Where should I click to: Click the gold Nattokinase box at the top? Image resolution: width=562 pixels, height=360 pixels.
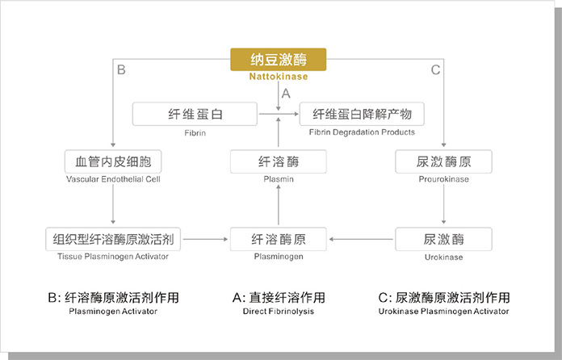pyautogui.click(x=278, y=60)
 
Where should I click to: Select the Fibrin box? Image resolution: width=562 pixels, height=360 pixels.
pyautogui.click(x=195, y=114)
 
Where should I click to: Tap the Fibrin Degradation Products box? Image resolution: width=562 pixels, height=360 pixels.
pyautogui.click(x=362, y=114)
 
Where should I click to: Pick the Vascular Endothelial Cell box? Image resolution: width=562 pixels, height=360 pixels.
pyautogui.click(x=113, y=161)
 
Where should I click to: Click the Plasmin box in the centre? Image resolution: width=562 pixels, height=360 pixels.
pyautogui.click(x=278, y=161)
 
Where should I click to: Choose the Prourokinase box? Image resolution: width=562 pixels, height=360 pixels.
pyautogui.click(x=443, y=161)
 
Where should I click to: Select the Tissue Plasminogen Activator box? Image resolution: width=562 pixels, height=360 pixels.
pyautogui.click(x=113, y=239)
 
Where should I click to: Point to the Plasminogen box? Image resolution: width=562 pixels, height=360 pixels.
pyautogui.click(x=278, y=239)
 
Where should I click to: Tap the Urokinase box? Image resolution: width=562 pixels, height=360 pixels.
pyautogui.click(x=443, y=239)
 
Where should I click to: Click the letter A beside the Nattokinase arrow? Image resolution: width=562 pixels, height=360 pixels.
pyautogui.click(x=286, y=94)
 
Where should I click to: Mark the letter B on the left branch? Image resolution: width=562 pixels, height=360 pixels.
pyautogui.click(x=121, y=69)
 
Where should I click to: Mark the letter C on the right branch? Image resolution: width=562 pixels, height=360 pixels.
pyautogui.click(x=435, y=69)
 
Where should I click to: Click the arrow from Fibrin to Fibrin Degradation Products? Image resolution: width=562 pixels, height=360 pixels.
pyautogui.click(x=279, y=114)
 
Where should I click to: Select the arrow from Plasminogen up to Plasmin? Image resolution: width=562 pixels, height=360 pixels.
pyautogui.click(x=279, y=205)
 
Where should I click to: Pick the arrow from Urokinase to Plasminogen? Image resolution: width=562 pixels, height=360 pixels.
pyautogui.click(x=361, y=239)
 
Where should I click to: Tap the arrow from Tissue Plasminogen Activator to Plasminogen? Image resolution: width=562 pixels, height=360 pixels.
pyautogui.click(x=205, y=239)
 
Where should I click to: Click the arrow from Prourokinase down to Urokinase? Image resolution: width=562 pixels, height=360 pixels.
pyautogui.click(x=444, y=204)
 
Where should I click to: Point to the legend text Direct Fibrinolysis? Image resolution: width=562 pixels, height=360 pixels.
pyautogui.click(x=278, y=312)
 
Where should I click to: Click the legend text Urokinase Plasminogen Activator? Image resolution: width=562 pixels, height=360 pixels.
pyautogui.click(x=443, y=312)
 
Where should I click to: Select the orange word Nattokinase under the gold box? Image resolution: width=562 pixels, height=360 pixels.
pyautogui.click(x=279, y=77)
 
